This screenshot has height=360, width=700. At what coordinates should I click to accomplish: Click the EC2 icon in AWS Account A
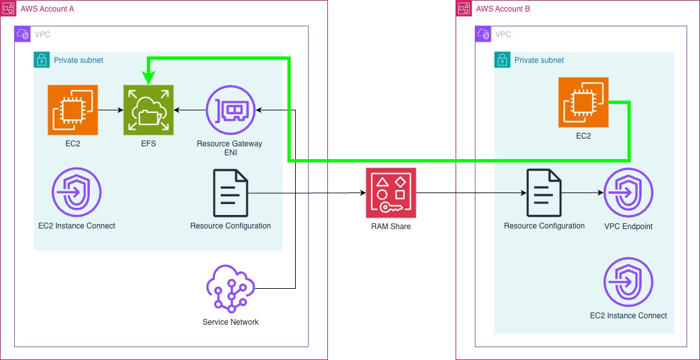click(73, 110)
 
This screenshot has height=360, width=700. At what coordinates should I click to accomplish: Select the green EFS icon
click(148, 110)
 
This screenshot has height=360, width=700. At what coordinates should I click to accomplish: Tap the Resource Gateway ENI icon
click(230, 110)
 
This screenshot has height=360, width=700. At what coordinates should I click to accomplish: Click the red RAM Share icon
click(391, 193)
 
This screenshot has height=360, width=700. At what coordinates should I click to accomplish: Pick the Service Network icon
click(230, 289)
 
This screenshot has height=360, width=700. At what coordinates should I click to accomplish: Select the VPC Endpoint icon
click(628, 193)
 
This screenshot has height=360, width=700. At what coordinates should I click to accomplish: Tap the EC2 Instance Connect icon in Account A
click(76, 193)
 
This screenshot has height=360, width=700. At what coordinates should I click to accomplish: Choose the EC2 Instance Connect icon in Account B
click(628, 282)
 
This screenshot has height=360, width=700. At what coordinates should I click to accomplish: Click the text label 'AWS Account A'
click(47, 9)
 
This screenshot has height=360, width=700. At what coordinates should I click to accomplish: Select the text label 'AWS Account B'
click(503, 9)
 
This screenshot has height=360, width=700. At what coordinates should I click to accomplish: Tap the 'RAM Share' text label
click(391, 226)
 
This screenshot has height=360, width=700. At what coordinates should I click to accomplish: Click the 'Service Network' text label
click(230, 321)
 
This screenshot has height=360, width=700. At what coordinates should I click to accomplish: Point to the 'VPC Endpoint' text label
click(628, 226)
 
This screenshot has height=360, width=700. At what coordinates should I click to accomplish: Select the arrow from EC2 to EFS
click(110, 110)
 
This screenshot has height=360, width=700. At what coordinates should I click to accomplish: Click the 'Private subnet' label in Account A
click(78, 60)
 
